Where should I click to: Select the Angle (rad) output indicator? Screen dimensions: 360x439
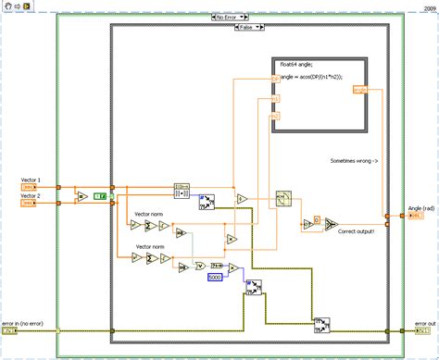pos(417,217)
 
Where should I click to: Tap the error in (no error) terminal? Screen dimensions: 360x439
pos(10,329)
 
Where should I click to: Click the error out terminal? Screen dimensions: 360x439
pos(422,330)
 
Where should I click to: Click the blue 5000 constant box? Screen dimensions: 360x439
pos(214,277)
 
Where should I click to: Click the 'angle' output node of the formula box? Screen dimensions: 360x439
pos(359,90)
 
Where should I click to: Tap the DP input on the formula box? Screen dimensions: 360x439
pos(275,77)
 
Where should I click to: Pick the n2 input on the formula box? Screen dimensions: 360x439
pos(275,116)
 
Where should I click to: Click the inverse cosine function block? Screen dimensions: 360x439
pos(282,198)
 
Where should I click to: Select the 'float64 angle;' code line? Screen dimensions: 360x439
pos(296,63)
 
